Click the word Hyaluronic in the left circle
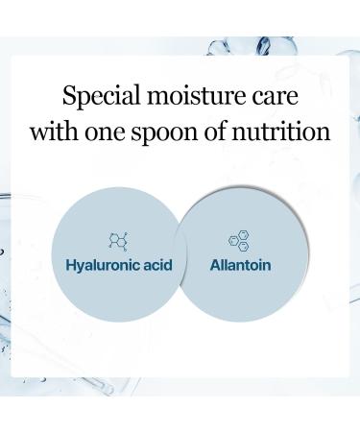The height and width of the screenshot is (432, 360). pos(103,264)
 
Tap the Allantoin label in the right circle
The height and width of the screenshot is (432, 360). pos(241,263)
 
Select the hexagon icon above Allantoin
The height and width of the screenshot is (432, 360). pos(240,241)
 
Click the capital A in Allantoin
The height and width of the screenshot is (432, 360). pos(215,263)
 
